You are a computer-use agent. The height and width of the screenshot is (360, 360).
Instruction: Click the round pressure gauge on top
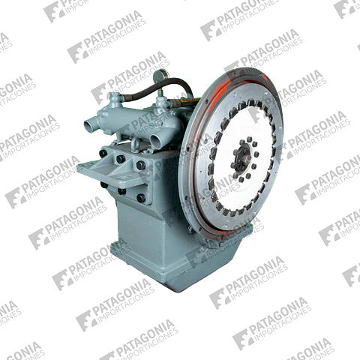point(161,74)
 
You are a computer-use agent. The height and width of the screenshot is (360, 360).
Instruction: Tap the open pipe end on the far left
point(89,124)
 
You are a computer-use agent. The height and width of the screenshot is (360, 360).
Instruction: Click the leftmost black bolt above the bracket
point(103,153)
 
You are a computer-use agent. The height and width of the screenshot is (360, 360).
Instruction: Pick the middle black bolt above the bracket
point(121,159)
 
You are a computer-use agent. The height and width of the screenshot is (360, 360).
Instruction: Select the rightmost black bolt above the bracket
point(141,165)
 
